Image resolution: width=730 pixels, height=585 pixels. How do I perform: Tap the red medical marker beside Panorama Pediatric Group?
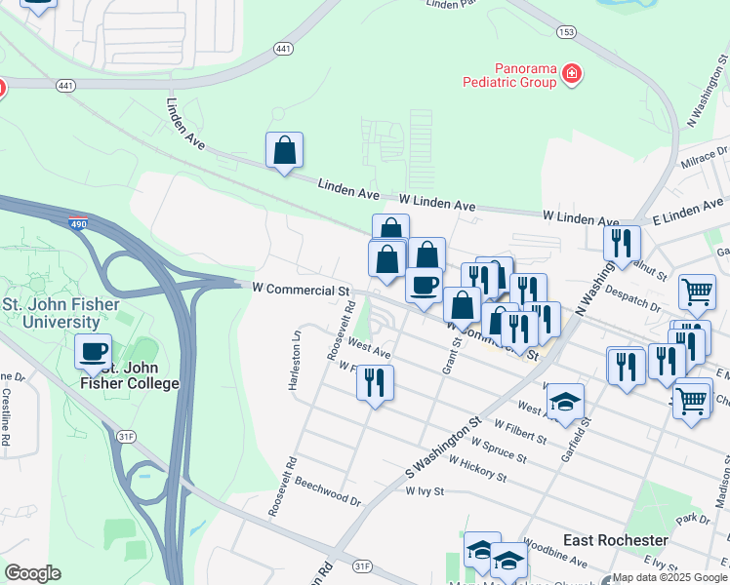572,74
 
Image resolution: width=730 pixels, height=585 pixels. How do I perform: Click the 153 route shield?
566,32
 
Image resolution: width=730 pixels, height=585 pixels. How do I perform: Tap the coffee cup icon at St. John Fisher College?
94,351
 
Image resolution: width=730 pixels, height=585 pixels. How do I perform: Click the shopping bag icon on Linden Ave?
284,150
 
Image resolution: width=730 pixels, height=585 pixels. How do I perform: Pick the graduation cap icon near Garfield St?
565,402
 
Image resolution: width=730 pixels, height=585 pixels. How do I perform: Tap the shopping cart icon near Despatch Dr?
697,291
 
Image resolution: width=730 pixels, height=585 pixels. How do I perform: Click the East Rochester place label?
616,540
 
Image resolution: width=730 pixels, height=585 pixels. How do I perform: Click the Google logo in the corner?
32,573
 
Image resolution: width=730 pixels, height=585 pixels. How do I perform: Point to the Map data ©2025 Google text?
669,577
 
